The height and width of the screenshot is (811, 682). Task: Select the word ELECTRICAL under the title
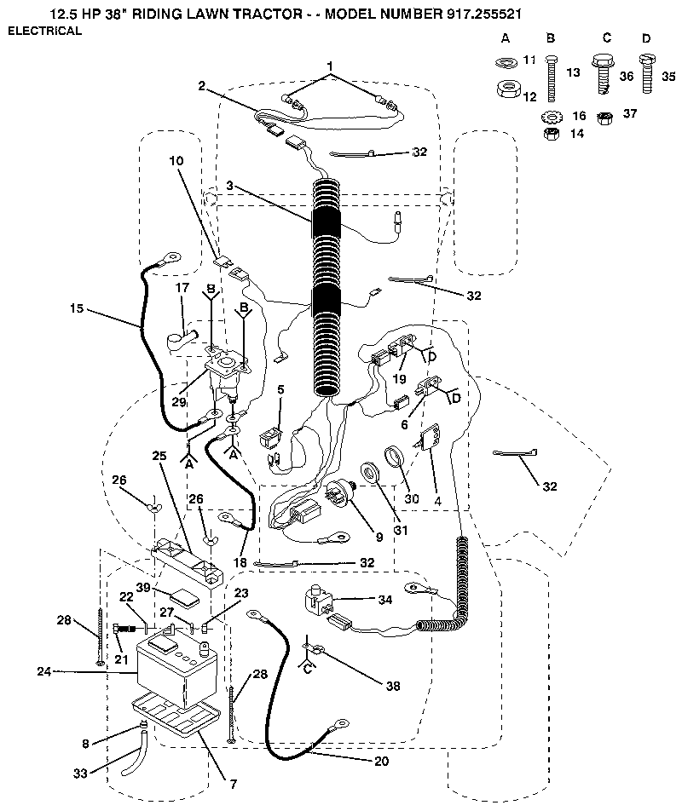click(45, 32)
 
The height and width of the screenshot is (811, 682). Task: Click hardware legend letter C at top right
click(606, 38)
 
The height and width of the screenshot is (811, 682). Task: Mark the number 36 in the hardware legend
click(627, 77)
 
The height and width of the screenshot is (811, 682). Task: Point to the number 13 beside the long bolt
click(573, 74)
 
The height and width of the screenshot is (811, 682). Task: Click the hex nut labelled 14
click(550, 134)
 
